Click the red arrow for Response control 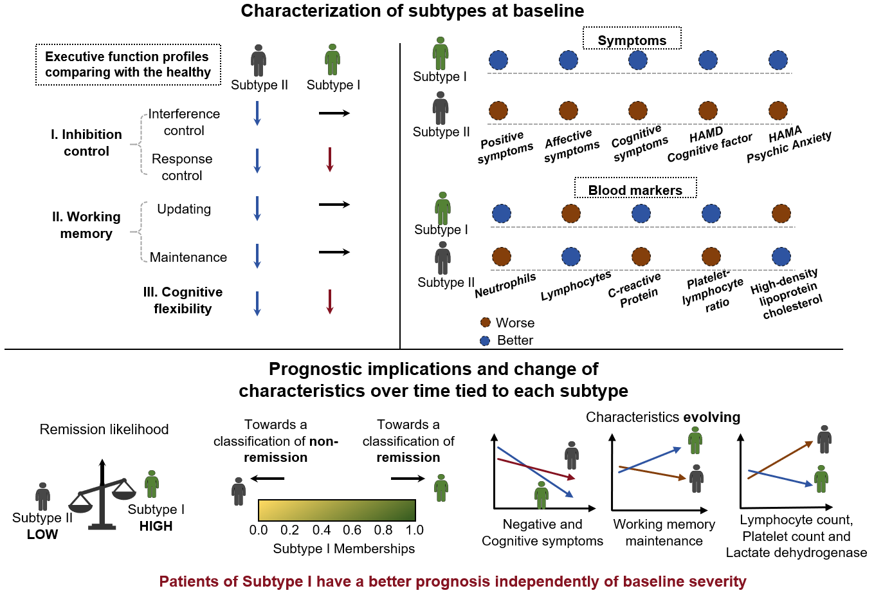pos(330,160)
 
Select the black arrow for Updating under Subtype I pos(334,205)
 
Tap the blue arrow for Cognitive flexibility pos(257,303)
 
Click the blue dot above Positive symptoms pos(498,60)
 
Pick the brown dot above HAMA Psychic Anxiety pos(778,111)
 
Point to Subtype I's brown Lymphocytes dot pos(571,214)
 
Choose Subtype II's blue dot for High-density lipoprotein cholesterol pos(781,257)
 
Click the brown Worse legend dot pos(486,322)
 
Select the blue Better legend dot pos(485,341)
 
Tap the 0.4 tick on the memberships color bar pos(321,530)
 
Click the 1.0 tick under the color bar pos(414,530)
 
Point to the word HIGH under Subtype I pos(156,526)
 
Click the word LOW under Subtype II pos(42,534)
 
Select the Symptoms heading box pos(632,38)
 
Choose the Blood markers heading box pos(635,188)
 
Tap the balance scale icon pos(102,495)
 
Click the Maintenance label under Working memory pos(188,257)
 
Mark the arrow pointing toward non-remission pos(268,479)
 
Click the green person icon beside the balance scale pos(152,484)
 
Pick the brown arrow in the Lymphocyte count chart pos(780,460)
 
